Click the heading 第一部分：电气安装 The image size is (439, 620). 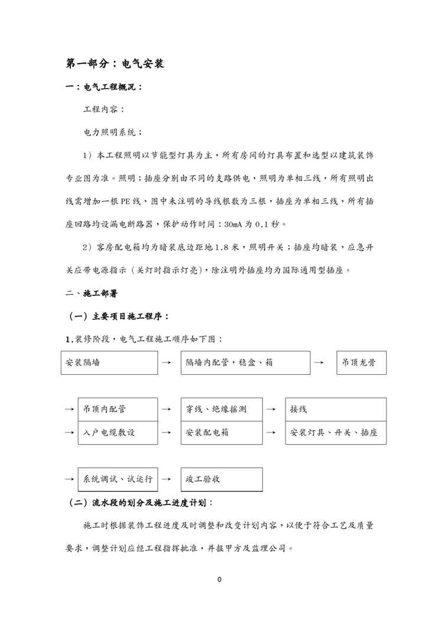click(x=114, y=64)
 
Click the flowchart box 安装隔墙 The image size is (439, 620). click(x=109, y=363)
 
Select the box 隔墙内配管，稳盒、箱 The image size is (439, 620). click(x=245, y=363)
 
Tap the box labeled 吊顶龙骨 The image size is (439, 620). click(x=361, y=363)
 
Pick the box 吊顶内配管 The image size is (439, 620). click(x=117, y=409)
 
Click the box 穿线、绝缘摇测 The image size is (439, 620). click(x=221, y=409)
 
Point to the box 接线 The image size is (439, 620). click(x=336, y=409)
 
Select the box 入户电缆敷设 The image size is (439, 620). click(x=117, y=433)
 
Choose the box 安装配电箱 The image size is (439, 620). click(x=221, y=433)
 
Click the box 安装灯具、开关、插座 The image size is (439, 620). click(x=336, y=433)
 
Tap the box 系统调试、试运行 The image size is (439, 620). click(x=117, y=479)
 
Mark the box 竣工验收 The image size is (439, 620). click(x=221, y=479)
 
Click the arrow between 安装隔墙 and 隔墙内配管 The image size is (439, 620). click(x=166, y=363)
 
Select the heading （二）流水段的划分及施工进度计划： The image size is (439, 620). click(x=140, y=503)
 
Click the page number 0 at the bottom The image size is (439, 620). click(x=219, y=580)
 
